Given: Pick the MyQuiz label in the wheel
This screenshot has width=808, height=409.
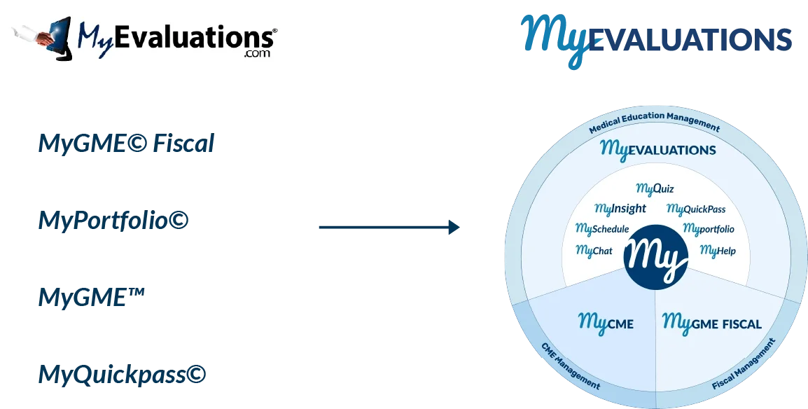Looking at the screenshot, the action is click(x=655, y=188).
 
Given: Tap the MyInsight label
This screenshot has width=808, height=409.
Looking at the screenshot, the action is click(x=620, y=209).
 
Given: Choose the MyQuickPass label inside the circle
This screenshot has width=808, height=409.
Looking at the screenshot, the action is click(x=696, y=209).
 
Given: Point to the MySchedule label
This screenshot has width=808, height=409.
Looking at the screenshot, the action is click(x=602, y=229).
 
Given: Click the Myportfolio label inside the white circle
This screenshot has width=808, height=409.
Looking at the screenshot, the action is click(x=709, y=229).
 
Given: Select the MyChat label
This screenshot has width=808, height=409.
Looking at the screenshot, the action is click(x=594, y=250).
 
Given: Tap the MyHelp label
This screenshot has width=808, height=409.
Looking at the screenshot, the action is click(x=718, y=250).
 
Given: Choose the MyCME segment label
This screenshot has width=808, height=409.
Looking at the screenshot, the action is click(x=606, y=323).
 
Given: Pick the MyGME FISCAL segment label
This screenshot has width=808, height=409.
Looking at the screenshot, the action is click(x=711, y=324).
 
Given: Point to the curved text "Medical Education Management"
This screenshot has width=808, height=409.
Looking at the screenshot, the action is click(x=654, y=122).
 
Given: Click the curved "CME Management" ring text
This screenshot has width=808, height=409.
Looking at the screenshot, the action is click(x=571, y=365).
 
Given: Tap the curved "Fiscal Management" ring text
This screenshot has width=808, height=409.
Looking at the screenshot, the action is click(x=744, y=364).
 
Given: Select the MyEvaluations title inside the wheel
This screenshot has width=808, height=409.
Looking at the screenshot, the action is click(x=657, y=150).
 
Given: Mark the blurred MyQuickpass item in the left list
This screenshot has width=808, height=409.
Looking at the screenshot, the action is click(x=121, y=376).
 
